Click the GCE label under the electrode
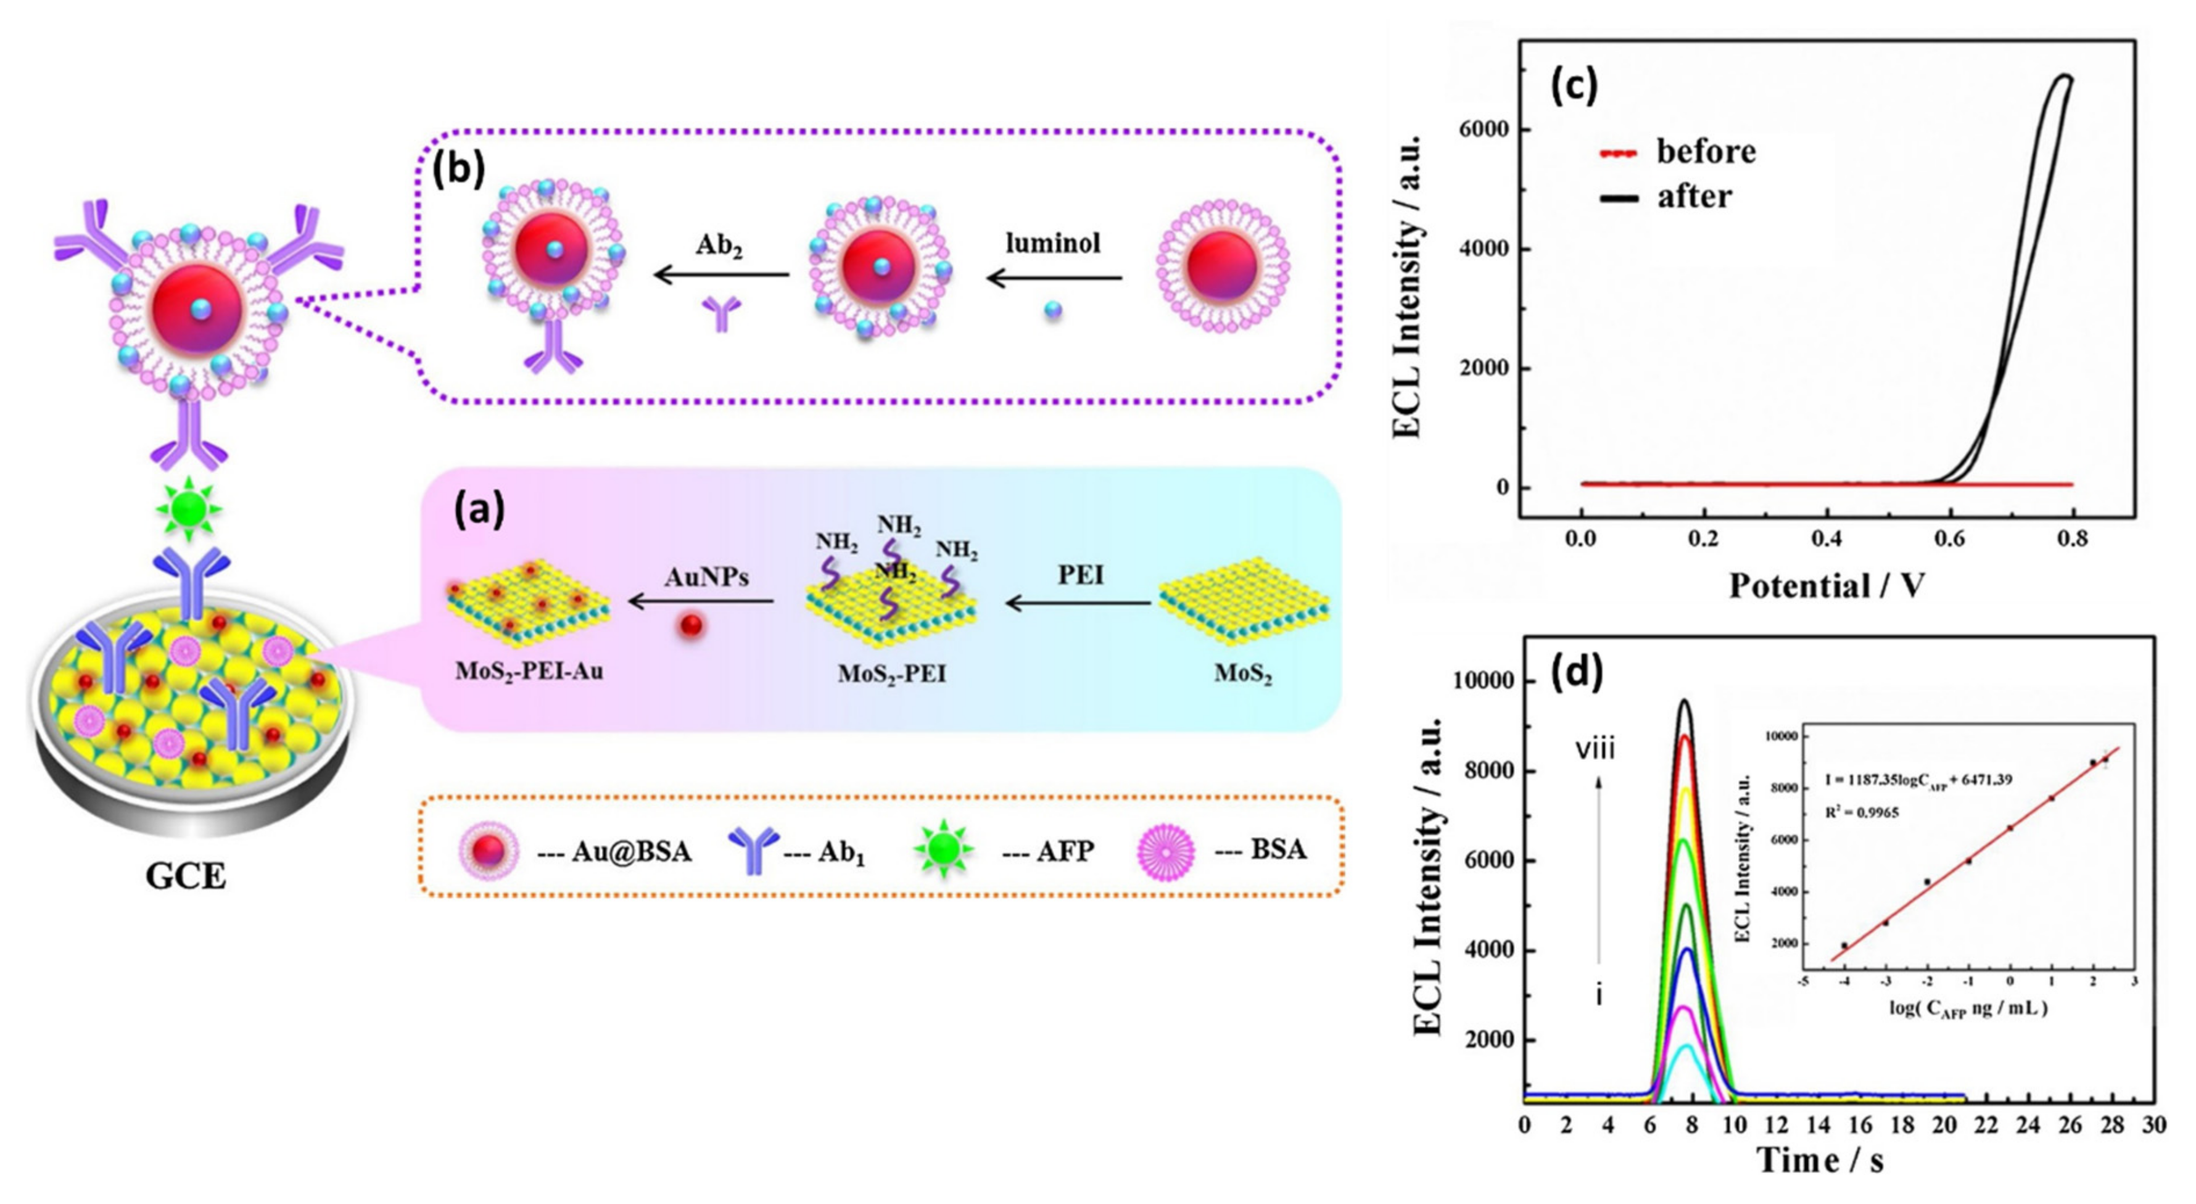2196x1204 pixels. (x=186, y=876)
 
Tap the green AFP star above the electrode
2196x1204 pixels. (x=188, y=510)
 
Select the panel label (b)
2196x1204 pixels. (x=459, y=169)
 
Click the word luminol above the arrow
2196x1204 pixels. (x=1053, y=244)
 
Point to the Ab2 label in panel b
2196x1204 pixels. (x=719, y=245)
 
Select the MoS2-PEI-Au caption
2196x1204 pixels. (x=529, y=671)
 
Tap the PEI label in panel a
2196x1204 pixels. (x=1080, y=575)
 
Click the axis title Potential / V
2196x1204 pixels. (x=1826, y=586)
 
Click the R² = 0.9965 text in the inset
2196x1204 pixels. (x=1861, y=812)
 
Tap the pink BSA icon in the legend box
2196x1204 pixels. (x=1165, y=850)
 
